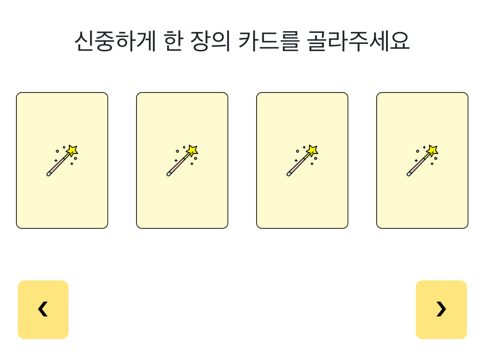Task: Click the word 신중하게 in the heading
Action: coord(115,41)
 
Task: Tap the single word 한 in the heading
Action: coord(173,41)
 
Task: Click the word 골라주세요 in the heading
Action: coord(358,41)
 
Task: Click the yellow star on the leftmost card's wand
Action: coord(72,150)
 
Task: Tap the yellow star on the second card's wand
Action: coord(192,150)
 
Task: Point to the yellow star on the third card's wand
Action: coord(312,150)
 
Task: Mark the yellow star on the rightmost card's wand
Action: coord(432,150)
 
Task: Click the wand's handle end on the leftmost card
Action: coord(49,174)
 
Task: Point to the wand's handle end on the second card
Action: coord(169,174)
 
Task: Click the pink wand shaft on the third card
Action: coord(297,166)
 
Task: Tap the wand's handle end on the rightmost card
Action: coord(409,174)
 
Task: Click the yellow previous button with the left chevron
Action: coord(43,309)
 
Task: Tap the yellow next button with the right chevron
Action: coord(441,309)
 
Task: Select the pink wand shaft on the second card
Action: coord(177,166)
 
